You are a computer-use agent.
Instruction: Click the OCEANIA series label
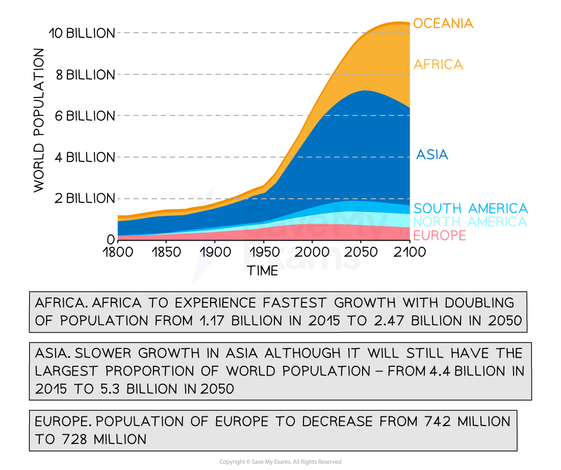tap(443, 24)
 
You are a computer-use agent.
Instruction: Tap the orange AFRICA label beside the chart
tap(438, 64)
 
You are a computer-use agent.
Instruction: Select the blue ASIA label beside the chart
tap(432, 154)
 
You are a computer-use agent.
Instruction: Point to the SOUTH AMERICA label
tap(470, 208)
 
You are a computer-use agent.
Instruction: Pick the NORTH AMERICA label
tap(470, 222)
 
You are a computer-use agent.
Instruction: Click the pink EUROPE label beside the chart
tap(439, 236)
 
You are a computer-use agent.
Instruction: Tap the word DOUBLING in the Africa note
tap(479, 302)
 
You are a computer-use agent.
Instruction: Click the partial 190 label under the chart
tap(210, 253)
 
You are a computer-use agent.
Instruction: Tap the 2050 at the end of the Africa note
tap(502, 320)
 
